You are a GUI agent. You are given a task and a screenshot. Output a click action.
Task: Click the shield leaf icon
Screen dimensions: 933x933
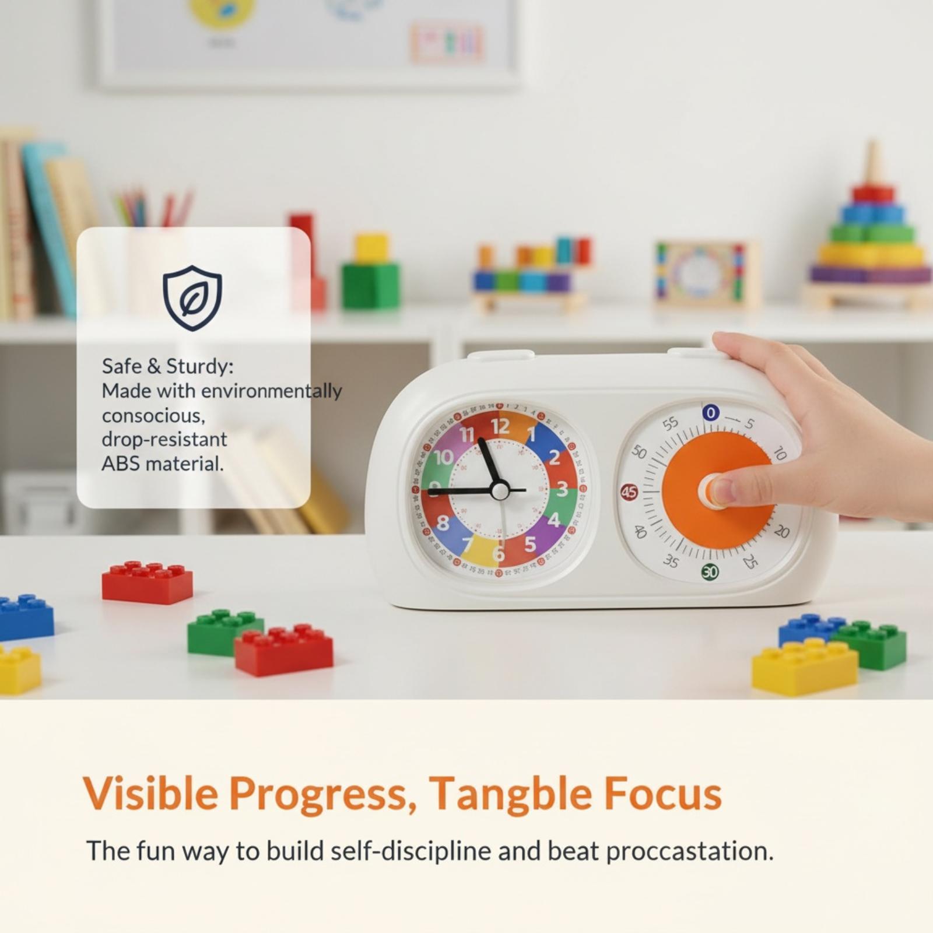(x=192, y=298)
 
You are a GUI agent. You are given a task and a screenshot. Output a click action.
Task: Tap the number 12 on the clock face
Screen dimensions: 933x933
(x=500, y=426)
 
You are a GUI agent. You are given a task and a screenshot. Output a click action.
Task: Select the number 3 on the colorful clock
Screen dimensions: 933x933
(x=562, y=489)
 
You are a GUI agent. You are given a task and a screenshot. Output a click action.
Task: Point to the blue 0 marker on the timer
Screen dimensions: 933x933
(x=710, y=413)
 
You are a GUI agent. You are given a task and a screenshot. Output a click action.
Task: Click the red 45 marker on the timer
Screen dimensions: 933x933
(x=629, y=492)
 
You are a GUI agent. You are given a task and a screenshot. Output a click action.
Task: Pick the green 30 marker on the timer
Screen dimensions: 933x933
(x=710, y=572)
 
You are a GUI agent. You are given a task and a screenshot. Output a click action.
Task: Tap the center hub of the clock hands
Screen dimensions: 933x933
(x=500, y=490)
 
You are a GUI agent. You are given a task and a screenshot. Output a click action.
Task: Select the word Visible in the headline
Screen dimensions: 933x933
(x=150, y=792)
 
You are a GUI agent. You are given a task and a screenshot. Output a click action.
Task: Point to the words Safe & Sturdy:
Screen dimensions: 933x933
(x=167, y=366)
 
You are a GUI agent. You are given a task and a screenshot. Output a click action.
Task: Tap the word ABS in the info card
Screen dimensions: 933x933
(x=121, y=464)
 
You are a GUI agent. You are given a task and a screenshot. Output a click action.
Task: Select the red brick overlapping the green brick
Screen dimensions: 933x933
(x=283, y=650)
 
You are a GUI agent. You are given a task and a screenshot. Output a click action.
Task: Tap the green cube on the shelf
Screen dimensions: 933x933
(x=371, y=286)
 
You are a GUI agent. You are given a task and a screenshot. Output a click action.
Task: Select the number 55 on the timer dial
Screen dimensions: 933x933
(x=671, y=423)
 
